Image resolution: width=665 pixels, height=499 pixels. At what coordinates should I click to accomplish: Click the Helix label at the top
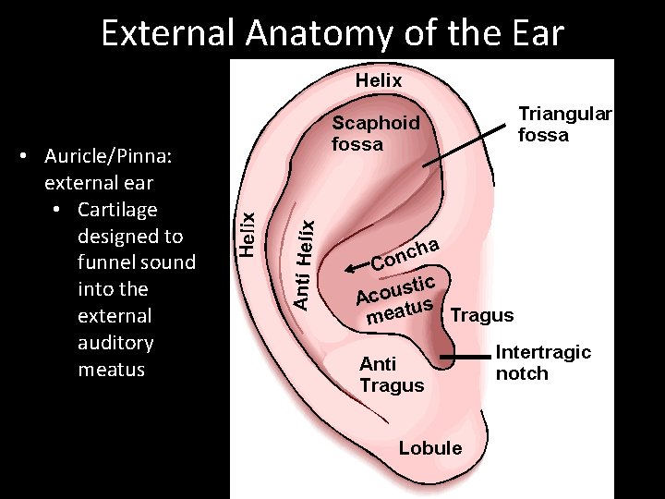[379, 80]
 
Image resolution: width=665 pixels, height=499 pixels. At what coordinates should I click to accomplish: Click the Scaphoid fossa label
[375, 133]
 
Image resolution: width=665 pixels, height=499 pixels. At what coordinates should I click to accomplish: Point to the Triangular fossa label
[564, 124]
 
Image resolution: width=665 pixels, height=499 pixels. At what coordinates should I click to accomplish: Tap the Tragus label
[482, 315]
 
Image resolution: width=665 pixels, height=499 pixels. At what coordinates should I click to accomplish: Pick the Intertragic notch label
[542, 363]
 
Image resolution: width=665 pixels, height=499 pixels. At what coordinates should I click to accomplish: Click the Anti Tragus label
[391, 375]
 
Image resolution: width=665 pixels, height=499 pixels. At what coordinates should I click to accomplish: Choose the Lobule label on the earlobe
[429, 448]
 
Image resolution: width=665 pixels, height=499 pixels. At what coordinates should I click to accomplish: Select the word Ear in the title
[530, 34]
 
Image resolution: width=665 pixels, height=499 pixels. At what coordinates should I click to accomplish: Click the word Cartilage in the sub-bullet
[117, 210]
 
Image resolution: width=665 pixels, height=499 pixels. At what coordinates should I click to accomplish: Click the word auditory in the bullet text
[115, 343]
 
